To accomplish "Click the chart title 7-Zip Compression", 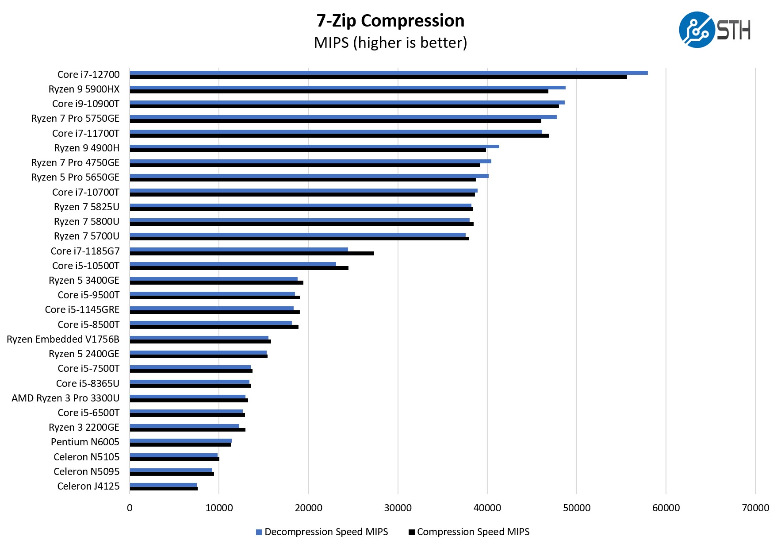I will [390, 21].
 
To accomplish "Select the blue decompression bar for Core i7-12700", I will [388, 73].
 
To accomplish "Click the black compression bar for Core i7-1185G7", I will [252, 254].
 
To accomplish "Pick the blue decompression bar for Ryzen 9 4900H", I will [314, 147].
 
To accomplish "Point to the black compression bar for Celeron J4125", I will [164, 489].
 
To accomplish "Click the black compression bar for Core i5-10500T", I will [239, 268].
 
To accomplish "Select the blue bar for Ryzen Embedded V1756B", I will [199, 338].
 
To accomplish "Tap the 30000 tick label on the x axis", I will [398, 508].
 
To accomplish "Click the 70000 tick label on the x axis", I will [755, 508].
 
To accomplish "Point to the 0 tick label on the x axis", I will [130, 508].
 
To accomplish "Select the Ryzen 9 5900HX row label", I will [84, 89].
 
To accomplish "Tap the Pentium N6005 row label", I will [85, 442].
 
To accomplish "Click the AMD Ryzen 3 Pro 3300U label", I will [65, 398].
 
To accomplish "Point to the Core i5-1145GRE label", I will [82, 309].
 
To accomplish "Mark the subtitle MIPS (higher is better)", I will [390, 42].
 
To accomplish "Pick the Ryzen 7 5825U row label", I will [87, 207].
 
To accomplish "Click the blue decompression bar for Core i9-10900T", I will [347, 102].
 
